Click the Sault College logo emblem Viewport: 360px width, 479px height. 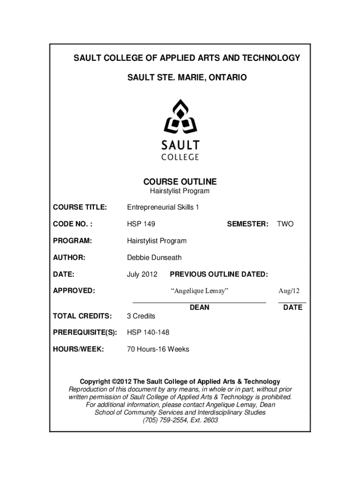[x=180, y=117]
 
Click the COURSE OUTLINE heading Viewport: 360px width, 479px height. [x=180, y=181]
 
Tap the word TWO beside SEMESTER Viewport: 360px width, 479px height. [x=285, y=224]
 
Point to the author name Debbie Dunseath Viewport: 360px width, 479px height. [x=154, y=257]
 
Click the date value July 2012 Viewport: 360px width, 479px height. [x=142, y=274]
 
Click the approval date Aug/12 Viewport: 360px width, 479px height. [x=289, y=291]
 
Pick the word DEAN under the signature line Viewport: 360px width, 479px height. [x=200, y=307]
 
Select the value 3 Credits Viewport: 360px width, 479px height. [x=141, y=316]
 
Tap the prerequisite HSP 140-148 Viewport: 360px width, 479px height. [x=148, y=332]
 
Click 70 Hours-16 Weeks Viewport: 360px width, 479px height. [x=158, y=349]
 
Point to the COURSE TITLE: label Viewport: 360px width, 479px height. [x=80, y=207]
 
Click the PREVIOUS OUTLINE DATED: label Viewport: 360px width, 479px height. [x=219, y=274]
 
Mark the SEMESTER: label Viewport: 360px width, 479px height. [x=248, y=224]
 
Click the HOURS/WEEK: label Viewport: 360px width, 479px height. [x=79, y=349]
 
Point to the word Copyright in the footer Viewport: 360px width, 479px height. [x=95, y=382]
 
